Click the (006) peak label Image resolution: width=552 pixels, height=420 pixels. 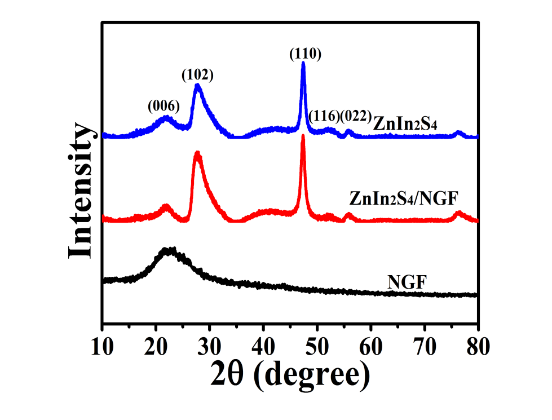(164, 106)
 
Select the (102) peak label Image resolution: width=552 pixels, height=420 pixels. (197, 74)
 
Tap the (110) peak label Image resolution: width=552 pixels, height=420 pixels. (305, 54)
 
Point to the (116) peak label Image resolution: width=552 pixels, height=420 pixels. (324, 117)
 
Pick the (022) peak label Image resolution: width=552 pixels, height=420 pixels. (356, 117)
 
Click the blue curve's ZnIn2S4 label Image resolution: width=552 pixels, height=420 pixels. (405, 124)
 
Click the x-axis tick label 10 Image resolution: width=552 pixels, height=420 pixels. (102, 347)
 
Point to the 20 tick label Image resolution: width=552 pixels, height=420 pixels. (156, 347)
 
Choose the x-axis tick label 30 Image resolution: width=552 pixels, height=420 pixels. (210, 347)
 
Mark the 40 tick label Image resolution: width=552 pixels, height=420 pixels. (263, 347)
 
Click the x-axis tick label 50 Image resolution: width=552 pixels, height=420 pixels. (317, 347)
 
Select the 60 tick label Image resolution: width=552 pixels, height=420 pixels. (371, 347)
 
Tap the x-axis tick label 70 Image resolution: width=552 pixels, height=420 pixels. (425, 347)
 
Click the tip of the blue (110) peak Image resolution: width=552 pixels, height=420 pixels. (303, 63)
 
